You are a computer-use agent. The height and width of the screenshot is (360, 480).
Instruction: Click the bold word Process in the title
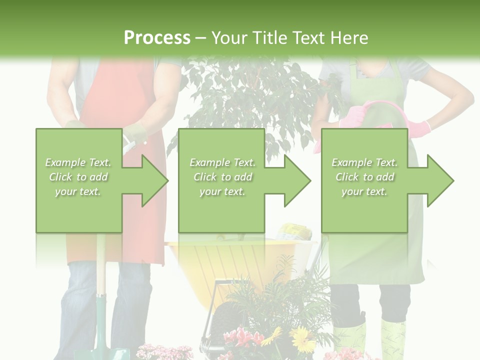(x=157, y=37)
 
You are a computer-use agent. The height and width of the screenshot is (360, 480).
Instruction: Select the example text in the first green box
(x=78, y=177)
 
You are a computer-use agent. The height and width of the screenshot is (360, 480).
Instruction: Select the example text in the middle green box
(x=222, y=177)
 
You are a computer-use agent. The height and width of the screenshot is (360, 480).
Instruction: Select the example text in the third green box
(x=364, y=177)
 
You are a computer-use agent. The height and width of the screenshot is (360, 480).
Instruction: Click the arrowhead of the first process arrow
(x=155, y=180)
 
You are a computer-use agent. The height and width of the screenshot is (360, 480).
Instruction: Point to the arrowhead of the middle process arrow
(x=298, y=180)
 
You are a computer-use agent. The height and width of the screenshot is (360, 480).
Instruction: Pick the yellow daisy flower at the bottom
(x=301, y=339)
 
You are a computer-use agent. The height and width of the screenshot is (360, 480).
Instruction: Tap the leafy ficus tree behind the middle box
(x=235, y=95)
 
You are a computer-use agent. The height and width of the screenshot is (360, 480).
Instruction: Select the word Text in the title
(x=308, y=38)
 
